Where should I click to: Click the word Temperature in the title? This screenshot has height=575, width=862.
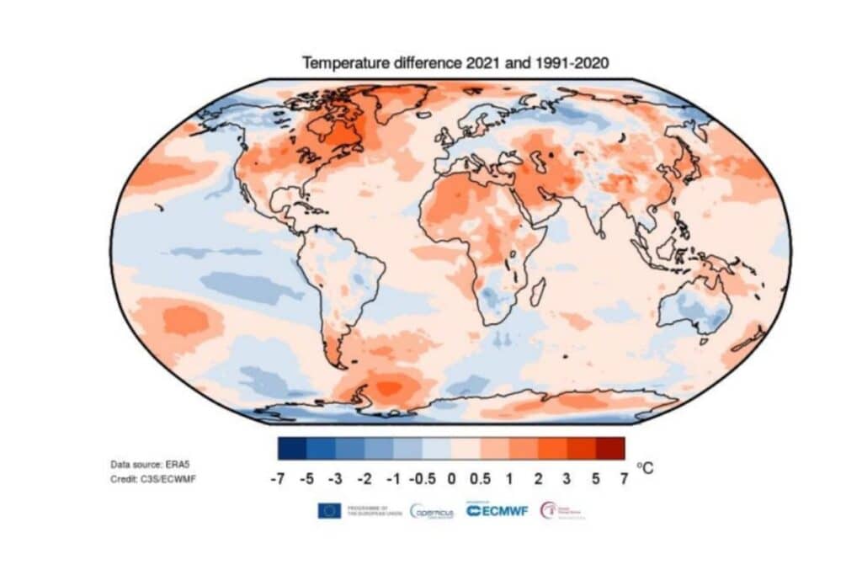pos(343,63)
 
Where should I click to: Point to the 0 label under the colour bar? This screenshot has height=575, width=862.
pos(451,478)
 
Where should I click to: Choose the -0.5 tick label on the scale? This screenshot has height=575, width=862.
pos(422,478)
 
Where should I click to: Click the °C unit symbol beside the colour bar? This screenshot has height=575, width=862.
pos(644,468)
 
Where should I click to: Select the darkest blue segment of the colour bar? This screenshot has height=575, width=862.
pos(291,448)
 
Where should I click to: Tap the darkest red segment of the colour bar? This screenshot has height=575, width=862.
pos(611,448)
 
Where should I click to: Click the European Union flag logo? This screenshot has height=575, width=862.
pos(329,511)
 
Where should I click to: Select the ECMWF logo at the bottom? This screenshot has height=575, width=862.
pos(497,511)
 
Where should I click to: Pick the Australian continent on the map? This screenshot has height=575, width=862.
pos(694,307)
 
